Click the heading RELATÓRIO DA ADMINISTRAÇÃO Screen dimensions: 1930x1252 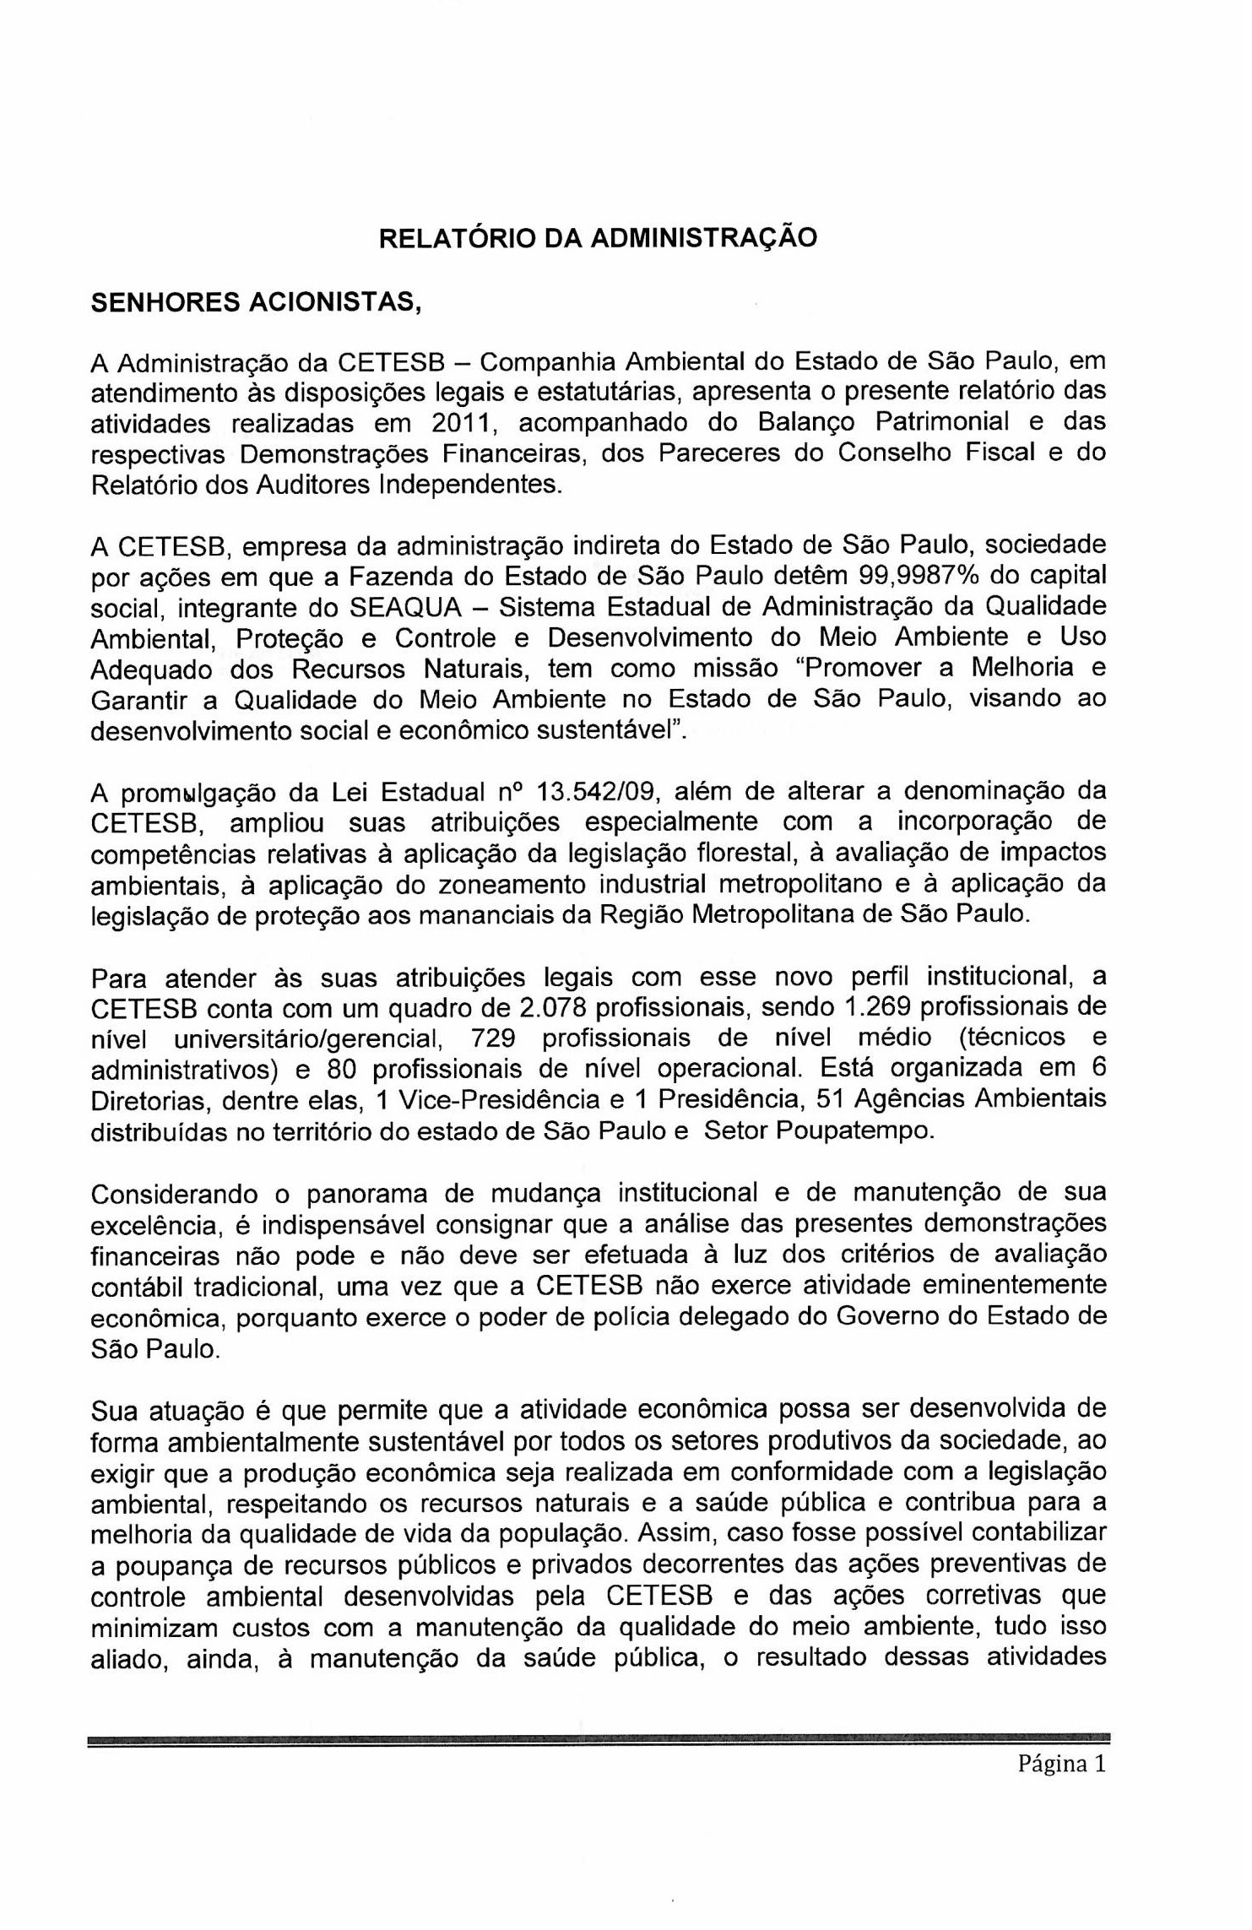[x=598, y=238]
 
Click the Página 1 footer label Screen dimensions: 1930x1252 [x=1061, y=1765]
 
